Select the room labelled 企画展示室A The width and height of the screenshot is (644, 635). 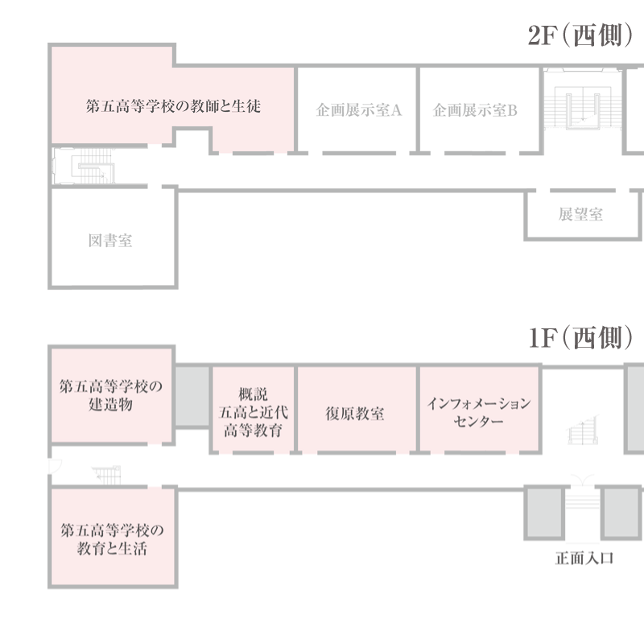tap(358, 110)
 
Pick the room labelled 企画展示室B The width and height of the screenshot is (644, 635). tap(475, 110)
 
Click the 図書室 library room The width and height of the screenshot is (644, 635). tap(110, 240)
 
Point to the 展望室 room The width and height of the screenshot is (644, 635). tap(580, 215)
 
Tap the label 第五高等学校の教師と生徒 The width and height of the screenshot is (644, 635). tap(173, 106)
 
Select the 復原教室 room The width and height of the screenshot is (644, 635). tap(355, 414)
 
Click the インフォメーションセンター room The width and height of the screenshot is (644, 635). tap(478, 412)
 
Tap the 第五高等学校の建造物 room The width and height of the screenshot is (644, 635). tap(110, 394)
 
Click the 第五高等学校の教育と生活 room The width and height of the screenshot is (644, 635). tap(110, 539)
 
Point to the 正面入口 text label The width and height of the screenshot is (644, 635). tap(584, 558)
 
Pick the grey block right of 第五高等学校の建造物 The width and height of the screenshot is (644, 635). tap(192, 397)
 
